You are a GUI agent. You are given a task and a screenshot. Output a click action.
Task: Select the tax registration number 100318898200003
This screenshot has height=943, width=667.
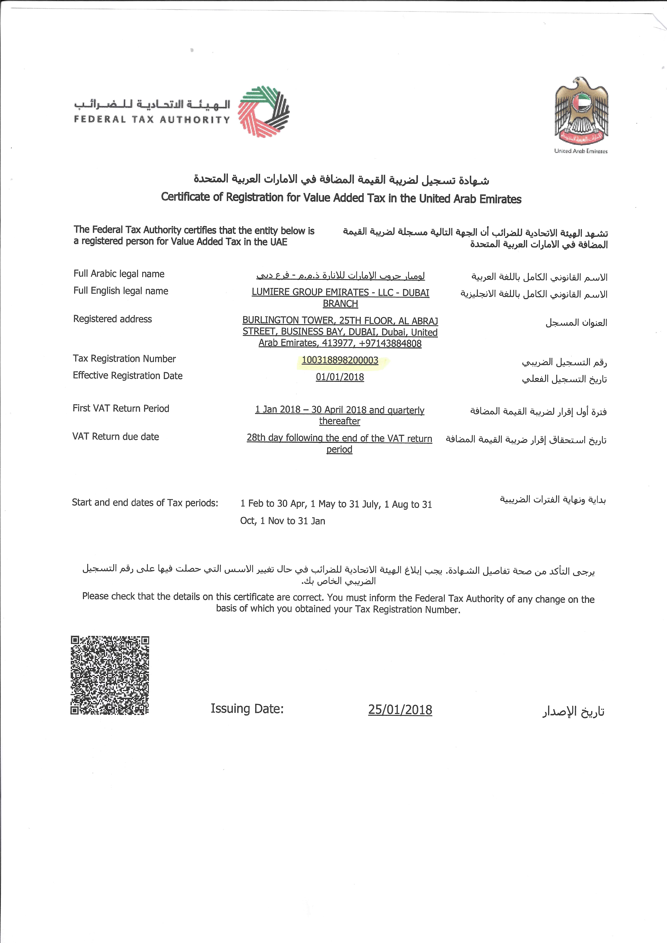[340, 360]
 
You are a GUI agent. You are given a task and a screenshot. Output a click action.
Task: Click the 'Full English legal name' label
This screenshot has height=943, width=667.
[121, 291]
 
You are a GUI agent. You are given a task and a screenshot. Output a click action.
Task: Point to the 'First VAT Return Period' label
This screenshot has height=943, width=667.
[121, 408]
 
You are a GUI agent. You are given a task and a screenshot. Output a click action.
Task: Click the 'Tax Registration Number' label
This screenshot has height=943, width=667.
[124, 359]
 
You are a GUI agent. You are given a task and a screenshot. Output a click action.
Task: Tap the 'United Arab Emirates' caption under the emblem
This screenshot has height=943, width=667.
[581, 151]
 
